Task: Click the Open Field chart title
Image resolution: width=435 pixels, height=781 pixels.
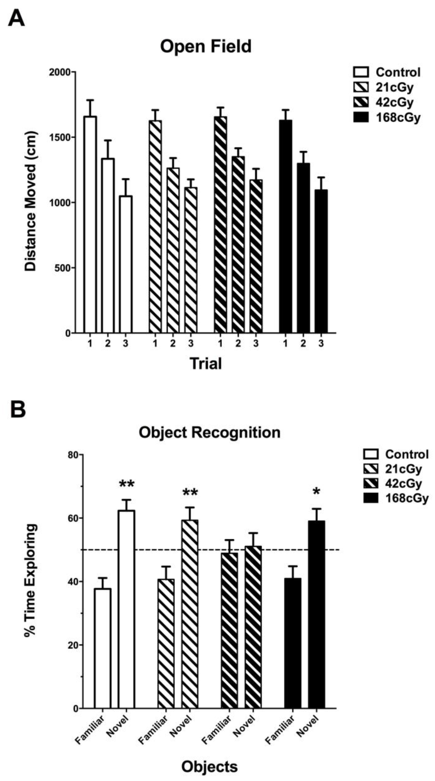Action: pyautogui.click(x=206, y=47)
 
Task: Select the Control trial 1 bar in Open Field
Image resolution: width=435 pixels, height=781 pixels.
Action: pyautogui.click(x=90, y=224)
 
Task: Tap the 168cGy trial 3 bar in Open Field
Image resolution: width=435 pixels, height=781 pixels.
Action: pyautogui.click(x=321, y=261)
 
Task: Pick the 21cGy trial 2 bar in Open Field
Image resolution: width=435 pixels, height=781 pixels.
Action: pyautogui.click(x=173, y=250)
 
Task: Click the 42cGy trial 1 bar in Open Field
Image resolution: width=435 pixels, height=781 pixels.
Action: pyautogui.click(x=220, y=224)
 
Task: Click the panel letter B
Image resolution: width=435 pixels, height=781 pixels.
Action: pyautogui.click(x=18, y=410)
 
